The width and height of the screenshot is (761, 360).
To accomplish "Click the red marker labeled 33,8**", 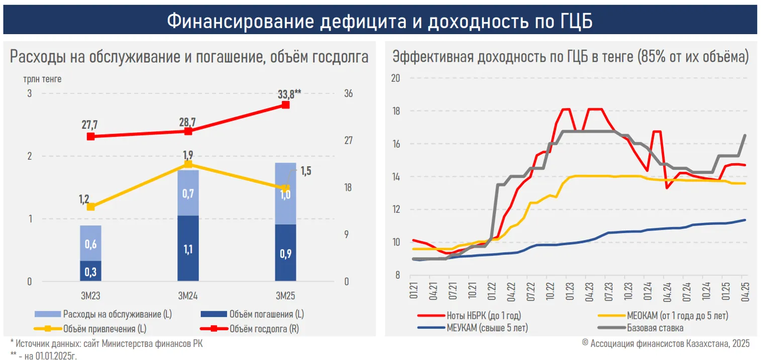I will click(x=285, y=104).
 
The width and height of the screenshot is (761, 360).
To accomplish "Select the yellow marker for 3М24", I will click(x=188, y=164).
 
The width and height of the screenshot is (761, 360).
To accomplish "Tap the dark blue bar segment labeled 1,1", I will click(x=188, y=248).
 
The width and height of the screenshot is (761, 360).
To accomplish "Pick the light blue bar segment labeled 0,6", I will click(x=90, y=243).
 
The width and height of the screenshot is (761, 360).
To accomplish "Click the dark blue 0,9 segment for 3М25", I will click(x=285, y=253).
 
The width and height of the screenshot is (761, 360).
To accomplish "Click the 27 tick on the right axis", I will click(x=348, y=141).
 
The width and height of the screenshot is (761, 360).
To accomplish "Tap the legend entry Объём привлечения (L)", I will click(x=108, y=329).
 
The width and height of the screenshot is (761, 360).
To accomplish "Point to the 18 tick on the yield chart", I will click(x=396, y=111).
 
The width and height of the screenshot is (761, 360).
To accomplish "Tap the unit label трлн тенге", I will click(x=42, y=79).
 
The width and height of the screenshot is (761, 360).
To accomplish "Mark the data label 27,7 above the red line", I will click(x=90, y=125).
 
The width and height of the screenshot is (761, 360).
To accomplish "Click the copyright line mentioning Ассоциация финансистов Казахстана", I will click(x=666, y=344).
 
